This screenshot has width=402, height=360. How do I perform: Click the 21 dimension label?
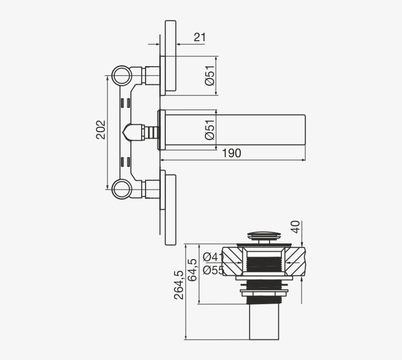point(200,37)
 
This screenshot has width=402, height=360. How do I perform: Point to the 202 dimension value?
point(101,130)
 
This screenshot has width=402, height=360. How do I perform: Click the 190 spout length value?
point(232,153)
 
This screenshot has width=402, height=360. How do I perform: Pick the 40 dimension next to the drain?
point(295,227)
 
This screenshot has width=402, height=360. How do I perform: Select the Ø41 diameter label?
point(213,257)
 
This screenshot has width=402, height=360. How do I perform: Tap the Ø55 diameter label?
point(213,269)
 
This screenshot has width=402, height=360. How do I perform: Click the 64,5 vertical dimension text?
point(193,270)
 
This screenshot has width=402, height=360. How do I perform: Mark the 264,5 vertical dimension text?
point(179,285)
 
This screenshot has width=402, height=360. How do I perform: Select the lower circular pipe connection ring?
point(121,189)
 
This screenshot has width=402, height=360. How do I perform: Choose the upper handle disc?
point(170,56)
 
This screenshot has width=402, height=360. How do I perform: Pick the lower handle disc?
point(170,208)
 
